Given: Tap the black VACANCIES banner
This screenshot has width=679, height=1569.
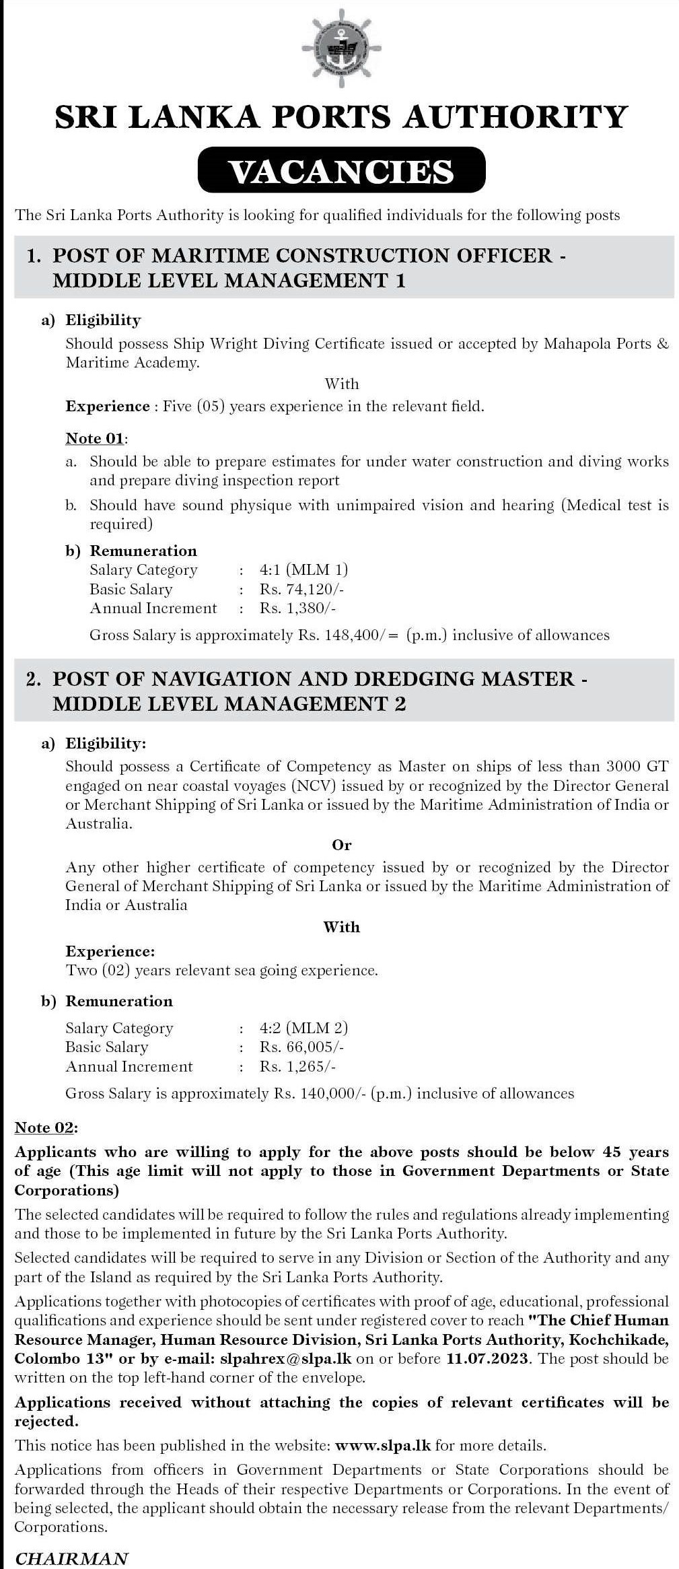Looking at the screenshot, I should (341, 171).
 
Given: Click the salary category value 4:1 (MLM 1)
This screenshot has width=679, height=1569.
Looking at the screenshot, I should (303, 570).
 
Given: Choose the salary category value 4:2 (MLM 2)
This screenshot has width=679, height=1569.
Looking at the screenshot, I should (303, 1028).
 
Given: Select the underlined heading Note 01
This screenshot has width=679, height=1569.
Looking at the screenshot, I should (95, 438).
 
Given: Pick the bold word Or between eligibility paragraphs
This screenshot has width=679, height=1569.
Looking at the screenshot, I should (341, 845).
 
